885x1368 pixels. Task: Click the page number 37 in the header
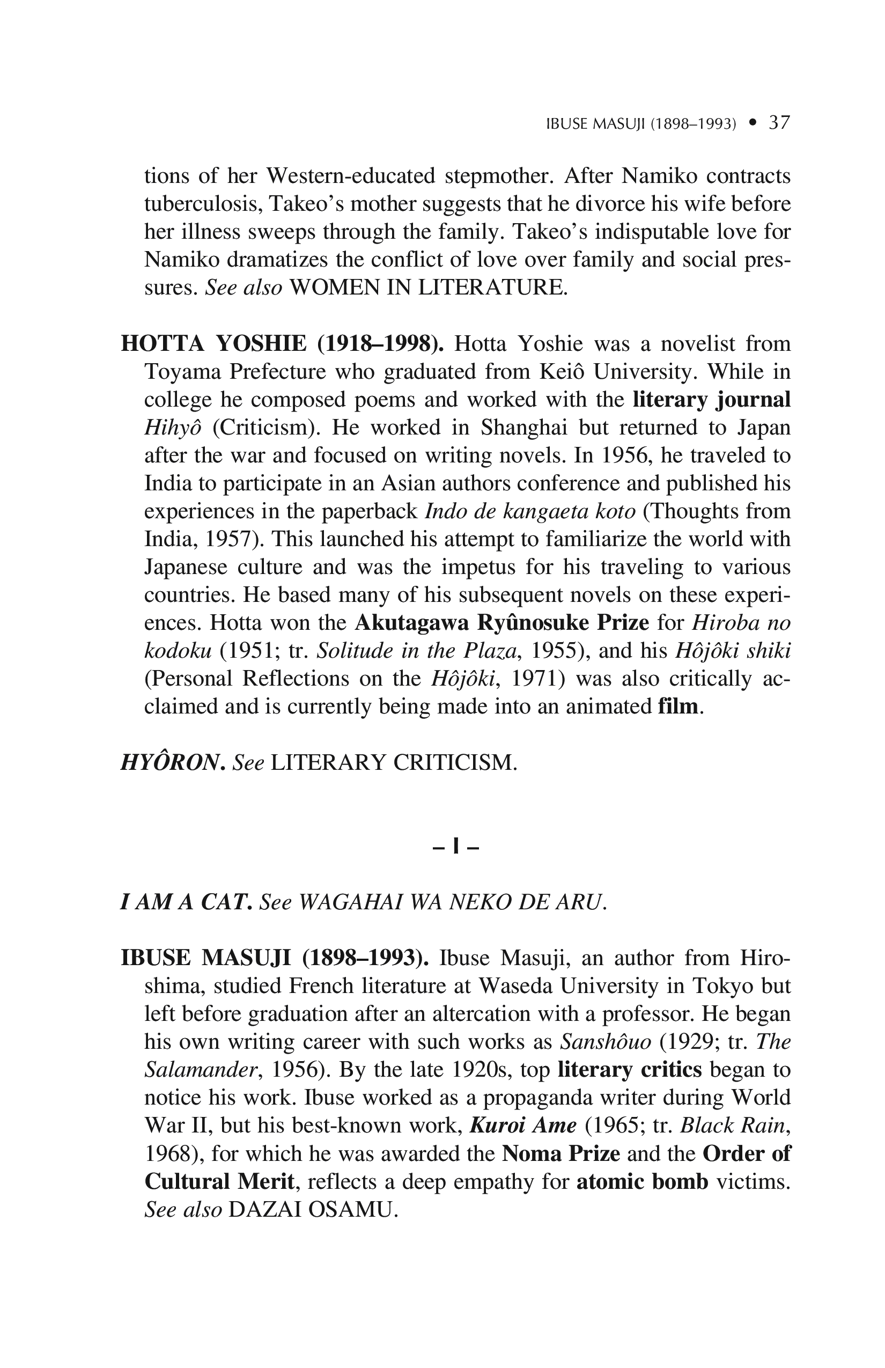779,122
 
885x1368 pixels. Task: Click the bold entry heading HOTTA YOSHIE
214,344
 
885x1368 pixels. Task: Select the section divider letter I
456,847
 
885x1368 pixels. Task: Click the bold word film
678,707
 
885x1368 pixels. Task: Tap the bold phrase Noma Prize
561,1153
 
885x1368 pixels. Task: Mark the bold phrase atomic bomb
642,1182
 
